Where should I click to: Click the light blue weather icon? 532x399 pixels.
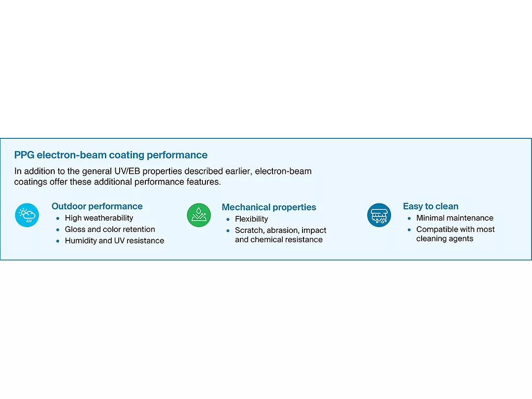[27, 215]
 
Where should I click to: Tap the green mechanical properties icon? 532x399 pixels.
[199, 215]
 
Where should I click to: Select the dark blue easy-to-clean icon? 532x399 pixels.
[379, 215]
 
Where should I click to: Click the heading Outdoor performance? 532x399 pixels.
[97, 206]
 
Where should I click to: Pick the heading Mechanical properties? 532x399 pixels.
[269, 207]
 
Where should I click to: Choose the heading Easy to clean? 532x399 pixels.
[431, 206]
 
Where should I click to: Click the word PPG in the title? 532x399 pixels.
[24, 155]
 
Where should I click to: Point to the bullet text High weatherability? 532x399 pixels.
[99, 218]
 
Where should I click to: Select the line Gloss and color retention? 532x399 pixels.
[110, 230]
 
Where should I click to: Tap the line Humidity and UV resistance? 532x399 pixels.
[114, 240]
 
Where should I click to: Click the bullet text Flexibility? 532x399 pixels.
[251, 219]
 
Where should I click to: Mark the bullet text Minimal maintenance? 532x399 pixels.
[455, 218]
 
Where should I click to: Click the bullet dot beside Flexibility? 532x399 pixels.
[228, 220]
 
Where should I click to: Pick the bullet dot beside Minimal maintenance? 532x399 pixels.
[409, 219]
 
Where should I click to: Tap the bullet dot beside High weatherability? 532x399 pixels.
[58, 219]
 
